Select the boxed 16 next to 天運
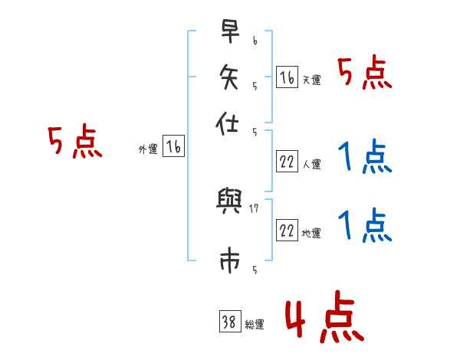(x=287, y=77)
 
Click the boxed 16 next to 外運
(x=174, y=148)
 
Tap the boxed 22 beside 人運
(x=287, y=162)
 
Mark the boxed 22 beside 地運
(x=287, y=231)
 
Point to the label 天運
(x=311, y=80)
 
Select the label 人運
(x=311, y=164)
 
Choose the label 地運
(x=311, y=233)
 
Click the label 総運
(x=255, y=324)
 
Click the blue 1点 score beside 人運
(x=365, y=158)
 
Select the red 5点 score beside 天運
(x=365, y=74)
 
